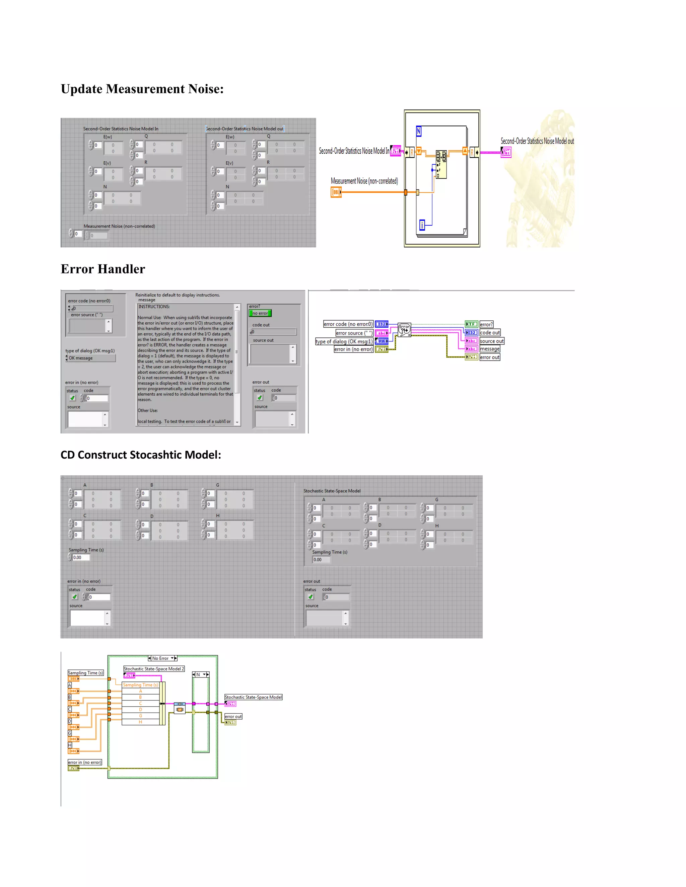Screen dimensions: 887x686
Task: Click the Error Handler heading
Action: (102, 269)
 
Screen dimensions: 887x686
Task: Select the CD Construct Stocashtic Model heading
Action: (141, 455)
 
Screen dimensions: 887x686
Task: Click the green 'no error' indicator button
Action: (260, 313)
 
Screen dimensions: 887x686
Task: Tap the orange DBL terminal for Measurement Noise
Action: (336, 192)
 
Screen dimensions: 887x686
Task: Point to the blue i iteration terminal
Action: (422, 225)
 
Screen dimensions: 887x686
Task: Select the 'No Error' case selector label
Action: (160, 658)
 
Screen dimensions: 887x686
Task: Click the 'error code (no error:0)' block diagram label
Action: (348, 324)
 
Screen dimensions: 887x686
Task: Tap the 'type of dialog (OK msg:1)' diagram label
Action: (344, 341)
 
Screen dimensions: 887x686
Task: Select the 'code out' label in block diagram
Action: (490, 333)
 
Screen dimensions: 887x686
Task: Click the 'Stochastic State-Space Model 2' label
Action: (154, 669)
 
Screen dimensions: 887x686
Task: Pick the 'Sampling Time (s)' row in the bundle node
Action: (141, 685)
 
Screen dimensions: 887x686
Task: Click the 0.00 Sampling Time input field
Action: (80, 558)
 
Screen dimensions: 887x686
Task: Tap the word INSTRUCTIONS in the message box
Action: (154, 307)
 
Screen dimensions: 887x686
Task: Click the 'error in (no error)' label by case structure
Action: (84, 762)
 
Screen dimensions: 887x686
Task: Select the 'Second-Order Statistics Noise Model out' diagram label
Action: (537, 141)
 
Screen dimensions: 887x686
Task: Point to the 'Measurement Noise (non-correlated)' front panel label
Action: (119, 226)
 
